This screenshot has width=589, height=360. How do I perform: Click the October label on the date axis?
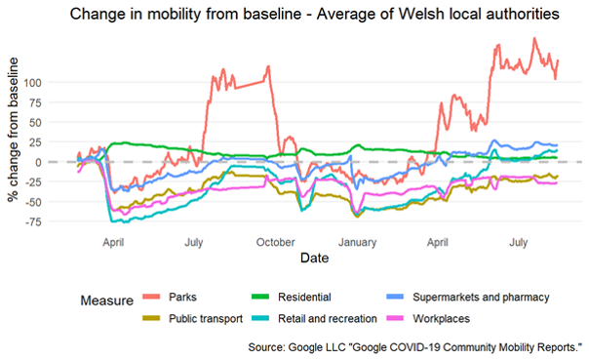[x=276, y=241]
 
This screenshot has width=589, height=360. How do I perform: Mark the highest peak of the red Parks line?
[x=534, y=38]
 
